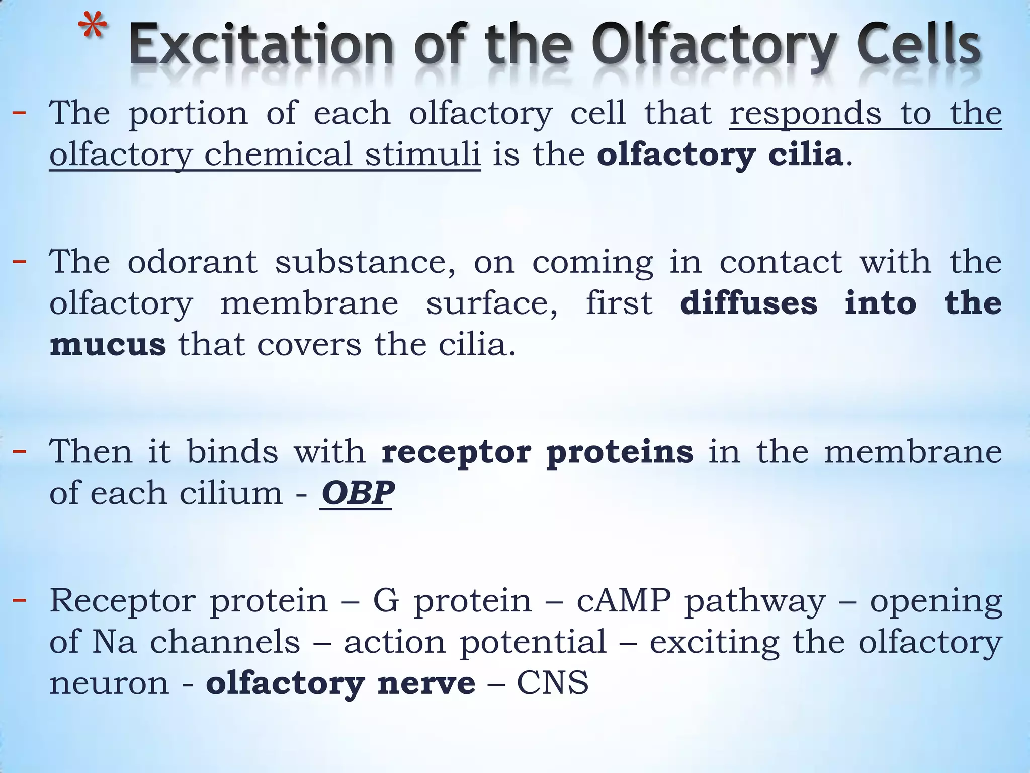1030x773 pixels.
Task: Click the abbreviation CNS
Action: [552, 683]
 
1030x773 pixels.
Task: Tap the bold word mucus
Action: [108, 345]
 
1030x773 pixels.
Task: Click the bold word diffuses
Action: [748, 303]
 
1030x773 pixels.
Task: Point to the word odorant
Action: [192, 262]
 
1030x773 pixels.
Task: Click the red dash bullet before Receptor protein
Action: [19, 600]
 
